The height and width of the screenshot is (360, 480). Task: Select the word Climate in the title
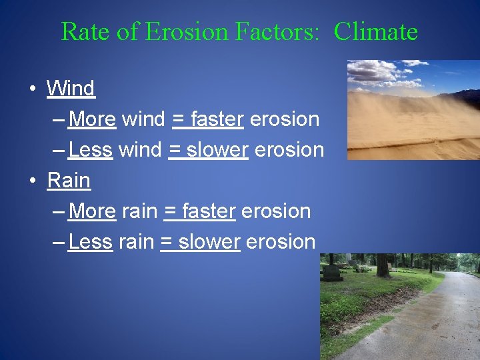[x=375, y=31]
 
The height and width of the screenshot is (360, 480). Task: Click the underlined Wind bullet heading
[x=71, y=88]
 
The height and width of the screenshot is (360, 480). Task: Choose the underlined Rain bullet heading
[x=68, y=180]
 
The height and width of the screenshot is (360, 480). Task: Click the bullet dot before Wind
[x=32, y=89]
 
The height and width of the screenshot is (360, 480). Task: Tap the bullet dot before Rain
[x=32, y=181]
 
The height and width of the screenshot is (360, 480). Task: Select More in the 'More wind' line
[x=92, y=119]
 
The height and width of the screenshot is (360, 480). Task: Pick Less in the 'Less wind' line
[x=90, y=150]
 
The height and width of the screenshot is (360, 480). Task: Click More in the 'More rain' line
[x=92, y=211]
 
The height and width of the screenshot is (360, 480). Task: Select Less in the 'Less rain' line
[x=90, y=242]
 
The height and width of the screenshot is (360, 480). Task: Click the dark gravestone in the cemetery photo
[x=331, y=273]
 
